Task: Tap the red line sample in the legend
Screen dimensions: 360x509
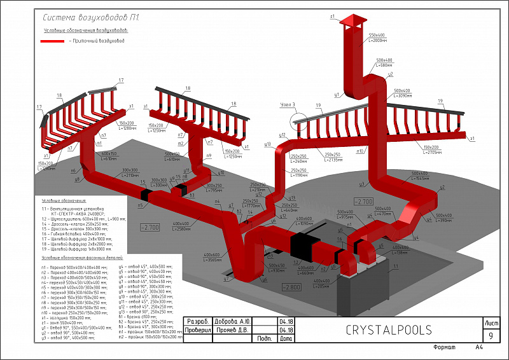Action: pyautogui.click(x=55, y=41)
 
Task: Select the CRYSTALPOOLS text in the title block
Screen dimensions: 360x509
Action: pyautogui.click(x=389, y=330)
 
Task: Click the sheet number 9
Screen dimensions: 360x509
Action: pyautogui.click(x=490, y=335)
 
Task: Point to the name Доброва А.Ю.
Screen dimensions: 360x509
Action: pyautogui.click(x=232, y=321)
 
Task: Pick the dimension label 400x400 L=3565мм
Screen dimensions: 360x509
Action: pyautogui.click(x=212, y=258)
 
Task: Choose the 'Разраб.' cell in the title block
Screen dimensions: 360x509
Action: pyautogui.click(x=199, y=321)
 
